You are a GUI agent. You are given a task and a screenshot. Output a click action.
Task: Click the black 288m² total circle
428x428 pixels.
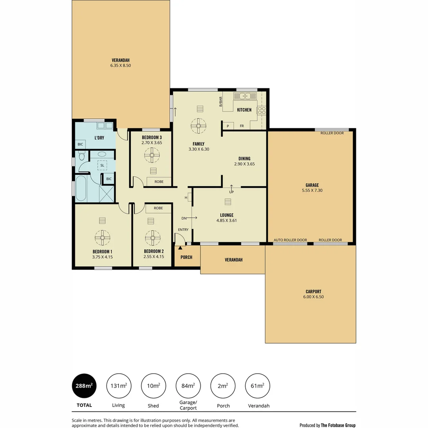click(84, 386)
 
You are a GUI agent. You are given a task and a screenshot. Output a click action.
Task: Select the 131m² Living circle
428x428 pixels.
click(118, 386)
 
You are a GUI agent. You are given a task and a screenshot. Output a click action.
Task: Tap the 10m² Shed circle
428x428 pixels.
click(153, 386)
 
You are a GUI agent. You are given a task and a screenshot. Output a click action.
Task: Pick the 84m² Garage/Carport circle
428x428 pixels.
click(188, 386)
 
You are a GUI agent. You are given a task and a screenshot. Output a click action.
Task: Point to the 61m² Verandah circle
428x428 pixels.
click(258, 386)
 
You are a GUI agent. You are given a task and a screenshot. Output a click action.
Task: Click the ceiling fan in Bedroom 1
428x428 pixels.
click(102, 237)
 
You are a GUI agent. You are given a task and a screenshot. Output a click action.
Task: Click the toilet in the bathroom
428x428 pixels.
click(82, 157)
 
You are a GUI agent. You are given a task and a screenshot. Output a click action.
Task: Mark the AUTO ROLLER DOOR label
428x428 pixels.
click(290, 240)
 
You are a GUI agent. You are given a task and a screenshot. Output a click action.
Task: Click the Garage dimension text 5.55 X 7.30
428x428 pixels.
click(312, 191)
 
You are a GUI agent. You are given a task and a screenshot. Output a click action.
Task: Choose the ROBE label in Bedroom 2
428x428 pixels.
click(158, 208)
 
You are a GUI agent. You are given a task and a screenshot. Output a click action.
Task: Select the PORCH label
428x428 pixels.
click(186, 258)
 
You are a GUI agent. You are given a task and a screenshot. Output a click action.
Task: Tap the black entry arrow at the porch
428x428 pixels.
click(180, 248)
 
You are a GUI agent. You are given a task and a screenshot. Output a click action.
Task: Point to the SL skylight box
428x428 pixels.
click(102, 165)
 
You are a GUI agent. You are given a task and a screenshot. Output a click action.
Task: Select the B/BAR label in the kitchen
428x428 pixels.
click(221, 102)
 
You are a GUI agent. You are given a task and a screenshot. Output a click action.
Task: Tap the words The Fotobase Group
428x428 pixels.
click(338, 425)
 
